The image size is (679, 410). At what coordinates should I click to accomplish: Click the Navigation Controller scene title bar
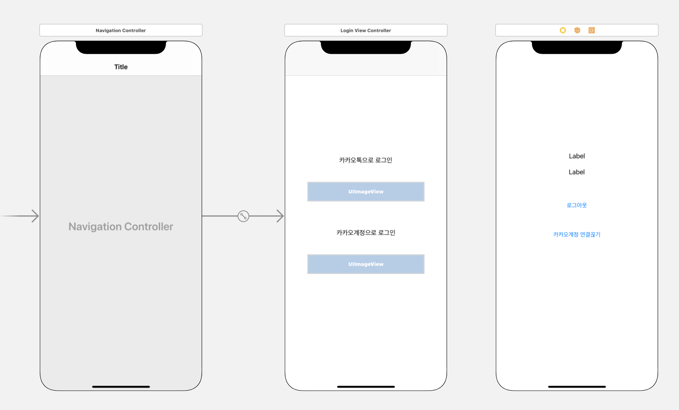(x=121, y=30)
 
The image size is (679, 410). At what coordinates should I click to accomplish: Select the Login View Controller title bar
(x=366, y=30)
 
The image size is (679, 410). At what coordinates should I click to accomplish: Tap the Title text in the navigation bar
(x=121, y=67)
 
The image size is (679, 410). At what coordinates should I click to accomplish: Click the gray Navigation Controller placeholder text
(x=121, y=227)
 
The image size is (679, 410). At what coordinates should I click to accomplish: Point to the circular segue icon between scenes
(x=243, y=216)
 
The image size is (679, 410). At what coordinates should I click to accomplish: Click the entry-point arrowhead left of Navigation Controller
(x=35, y=216)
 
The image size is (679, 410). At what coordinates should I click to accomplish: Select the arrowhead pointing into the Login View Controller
(x=280, y=216)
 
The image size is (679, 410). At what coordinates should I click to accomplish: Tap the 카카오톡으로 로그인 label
(x=366, y=160)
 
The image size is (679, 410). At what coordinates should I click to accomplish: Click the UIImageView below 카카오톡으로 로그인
(x=366, y=192)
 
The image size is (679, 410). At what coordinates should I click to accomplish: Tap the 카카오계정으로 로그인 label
(x=366, y=233)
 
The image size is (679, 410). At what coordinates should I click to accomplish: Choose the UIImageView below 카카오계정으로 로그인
(x=366, y=264)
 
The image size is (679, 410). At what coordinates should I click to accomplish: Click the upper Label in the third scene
(x=576, y=156)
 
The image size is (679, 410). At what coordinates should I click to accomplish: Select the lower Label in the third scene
(x=576, y=172)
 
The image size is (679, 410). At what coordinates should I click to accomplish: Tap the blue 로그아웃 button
(x=576, y=205)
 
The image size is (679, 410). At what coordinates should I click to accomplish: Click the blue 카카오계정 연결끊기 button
(x=576, y=235)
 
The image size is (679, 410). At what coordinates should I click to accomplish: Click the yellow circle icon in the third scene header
(x=563, y=30)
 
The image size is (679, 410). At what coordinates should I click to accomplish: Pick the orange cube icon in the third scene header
(x=577, y=30)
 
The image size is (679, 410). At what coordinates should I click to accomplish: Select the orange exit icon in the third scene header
(x=592, y=30)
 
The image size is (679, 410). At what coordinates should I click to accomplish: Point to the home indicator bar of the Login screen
(x=366, y=387)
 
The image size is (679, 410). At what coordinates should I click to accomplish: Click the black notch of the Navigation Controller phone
(x=121, y=47)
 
